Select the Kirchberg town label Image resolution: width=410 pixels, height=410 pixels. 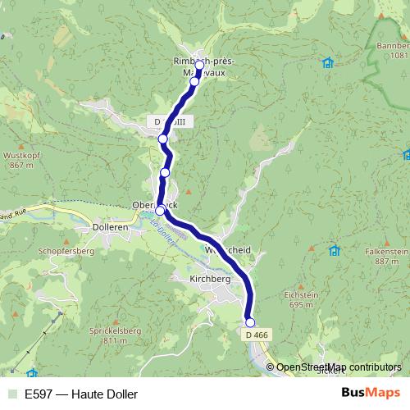[210, 279]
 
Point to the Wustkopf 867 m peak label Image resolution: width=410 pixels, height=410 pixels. [22, 159]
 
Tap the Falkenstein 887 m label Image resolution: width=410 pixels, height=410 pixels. [385, 256]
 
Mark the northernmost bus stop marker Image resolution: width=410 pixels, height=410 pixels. [199, 65]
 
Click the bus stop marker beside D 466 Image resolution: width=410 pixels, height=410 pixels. [250, 322]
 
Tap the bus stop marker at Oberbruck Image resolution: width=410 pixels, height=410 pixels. [161, 210]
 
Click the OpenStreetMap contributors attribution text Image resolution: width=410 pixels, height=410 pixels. [339, 367]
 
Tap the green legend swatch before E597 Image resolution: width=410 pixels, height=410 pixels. [11, 394]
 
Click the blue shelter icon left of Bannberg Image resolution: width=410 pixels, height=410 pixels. [328, 62]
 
